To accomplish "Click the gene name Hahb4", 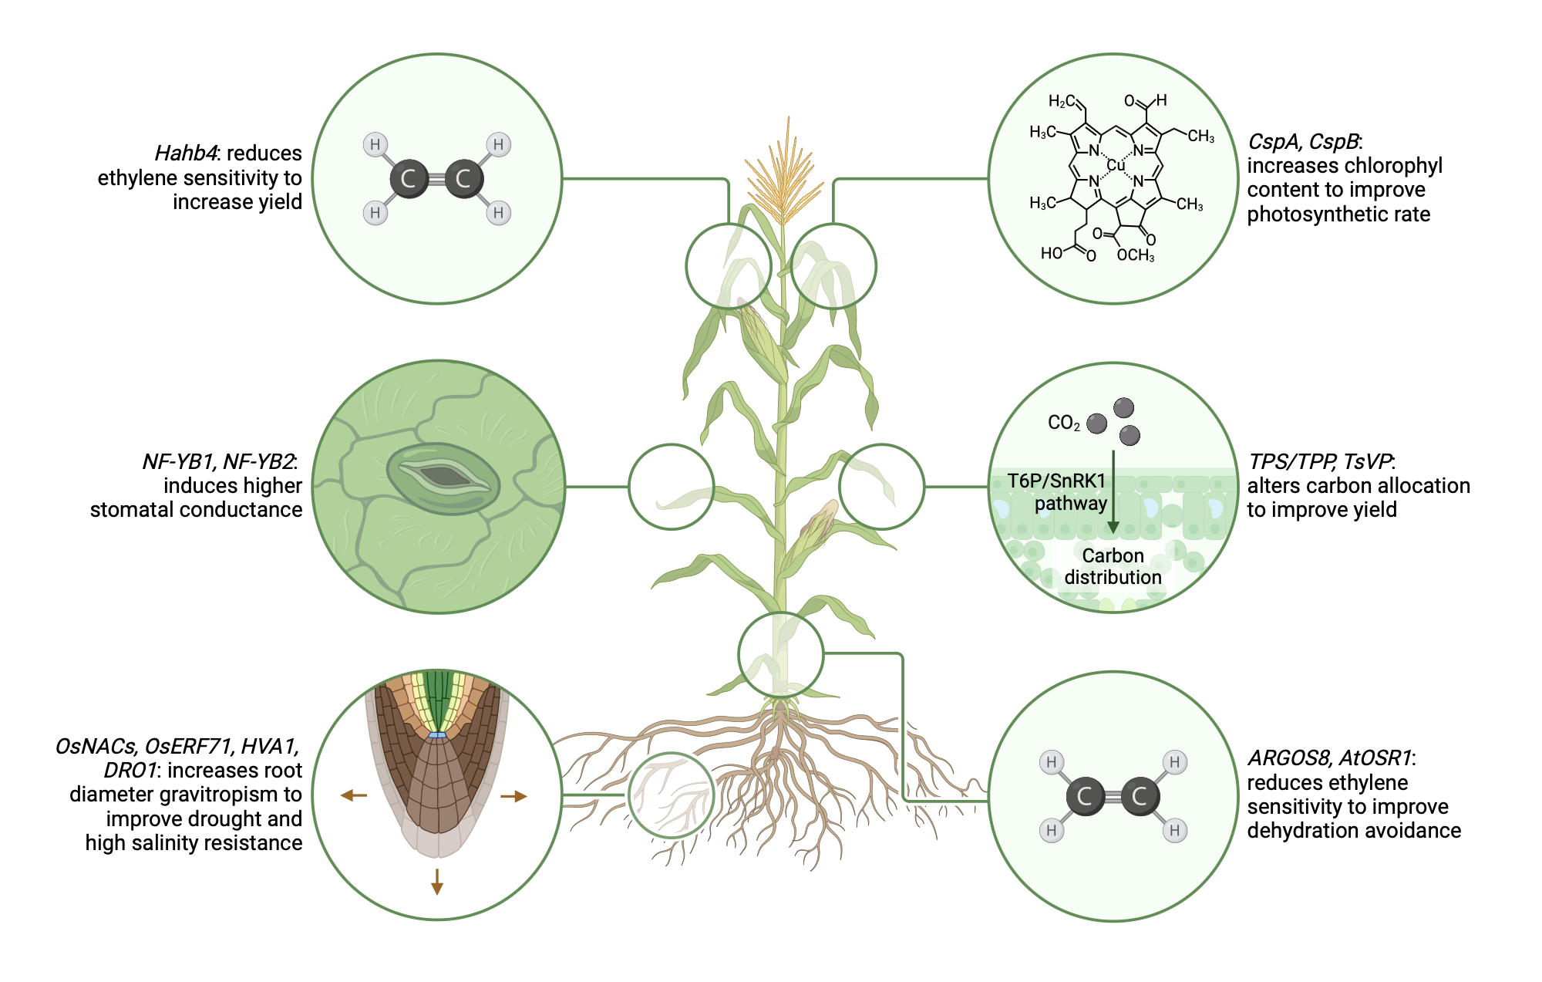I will click(x=185, y=153).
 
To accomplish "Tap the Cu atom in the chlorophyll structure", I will click(x=1116, y=166).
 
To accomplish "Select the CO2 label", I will click(x=1063, y=423).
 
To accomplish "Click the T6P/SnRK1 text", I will click(x=1056, y=481).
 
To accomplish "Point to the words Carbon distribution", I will click(x=1113, y=566).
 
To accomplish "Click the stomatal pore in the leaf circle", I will click(x=443, y=477).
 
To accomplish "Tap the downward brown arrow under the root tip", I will click(x=437, y=882).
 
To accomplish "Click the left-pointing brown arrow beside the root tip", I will click(x=353, y=795).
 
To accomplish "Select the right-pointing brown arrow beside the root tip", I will click(x=514, y=796).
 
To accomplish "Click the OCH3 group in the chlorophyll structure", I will click(x=1135, y=255).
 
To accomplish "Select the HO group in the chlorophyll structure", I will click(x=1051, y=253).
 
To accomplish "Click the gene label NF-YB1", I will click(x=177, y=461).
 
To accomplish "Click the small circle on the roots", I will click(x=671, y=795).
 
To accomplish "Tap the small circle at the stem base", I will click(x=780, y=654).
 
